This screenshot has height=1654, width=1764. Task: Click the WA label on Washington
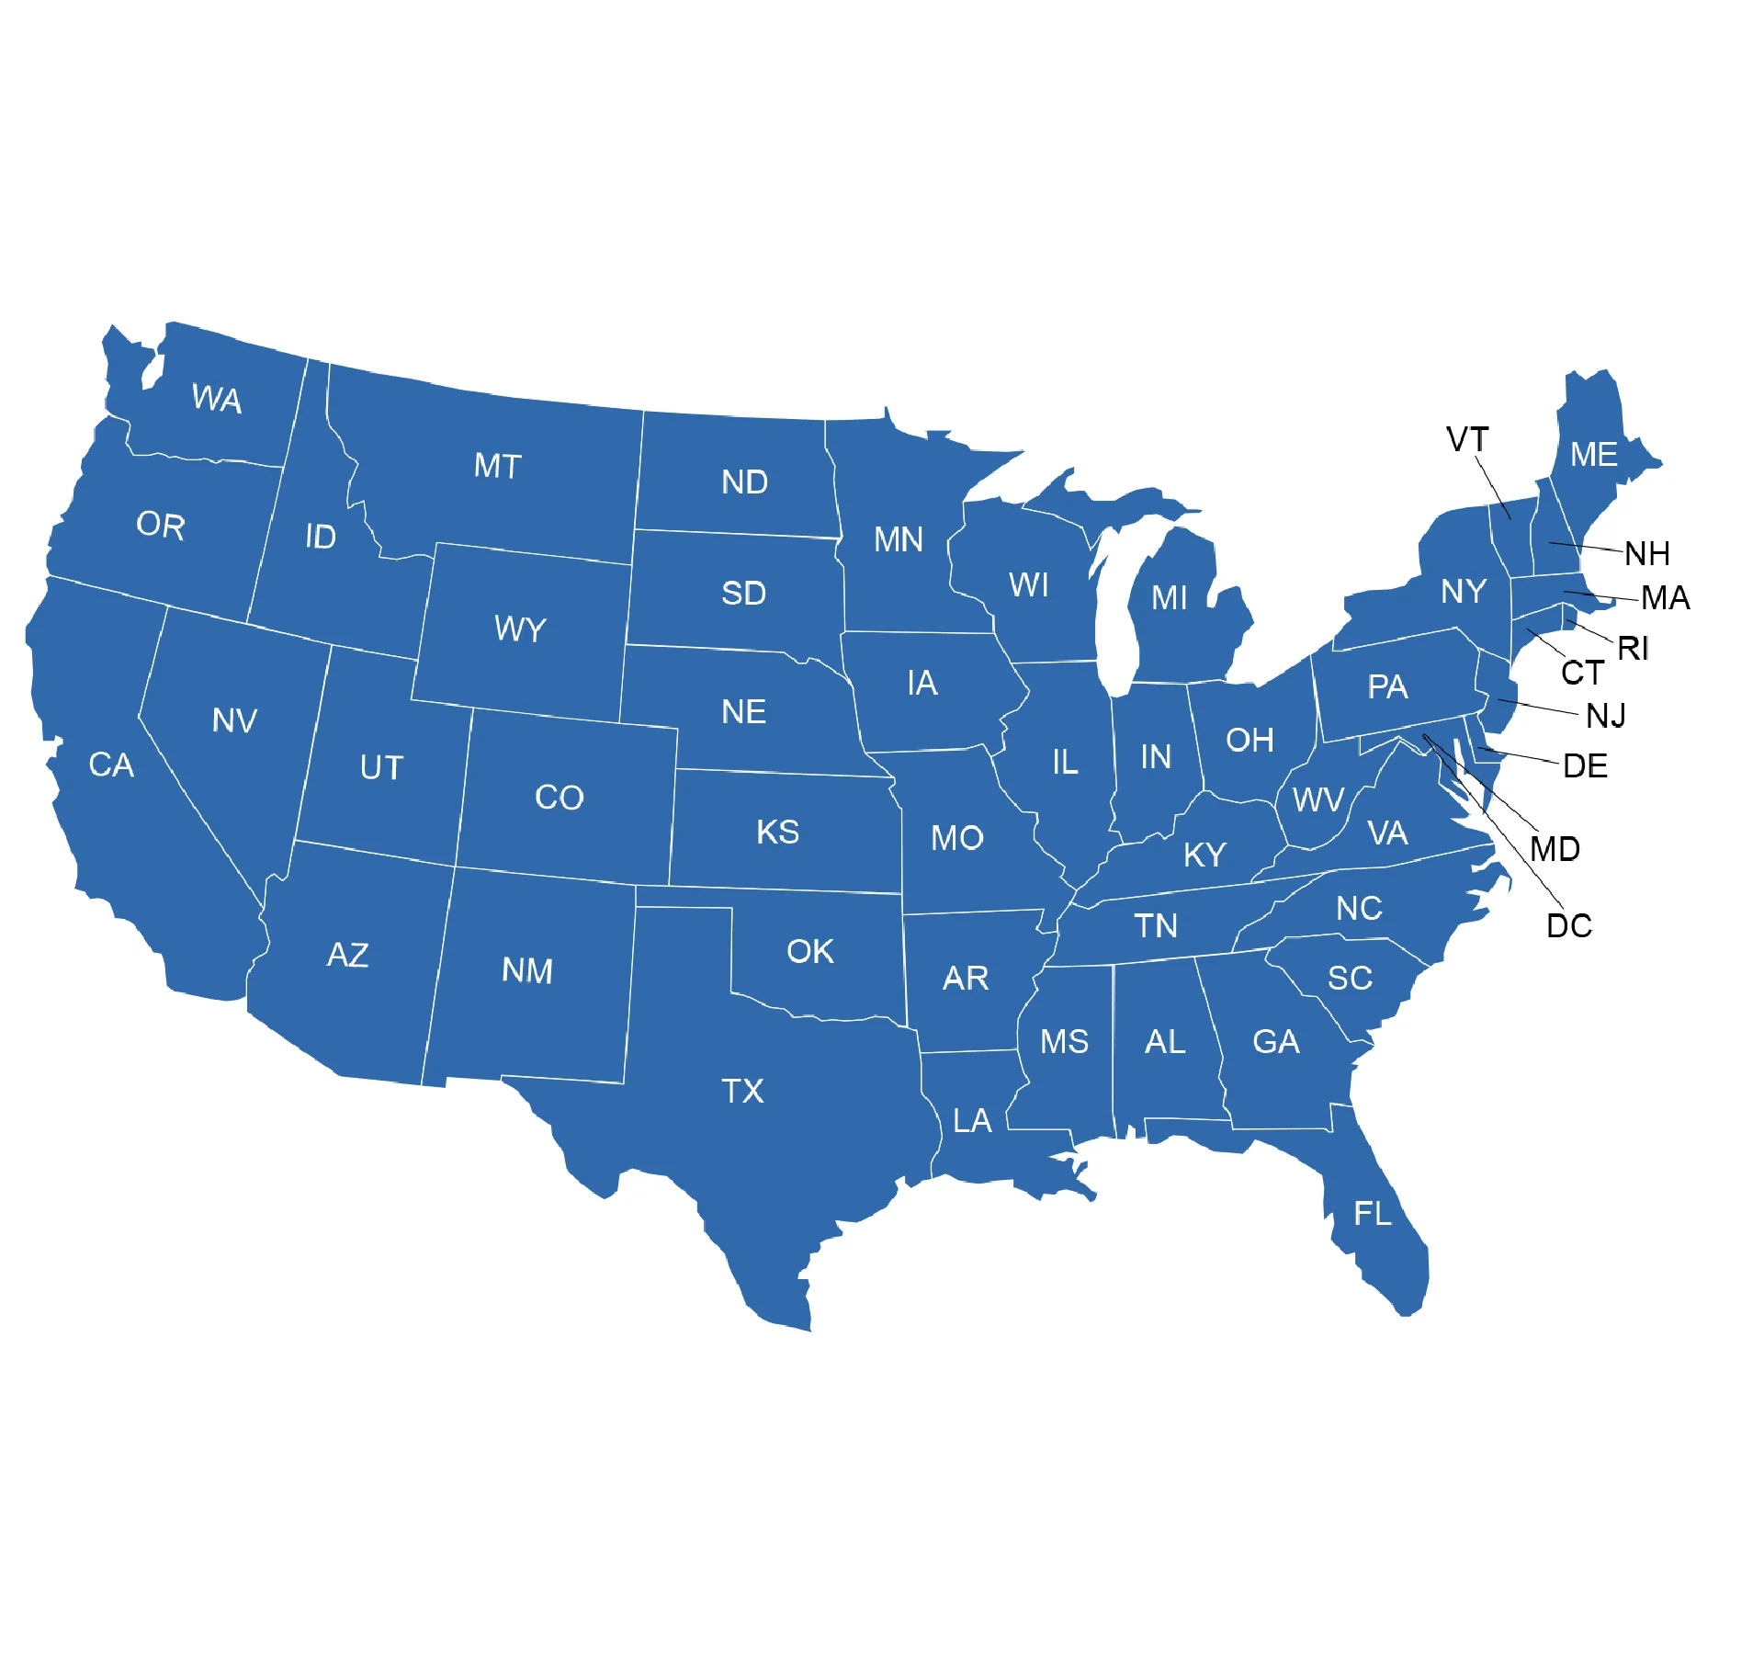click(x=217, y=399)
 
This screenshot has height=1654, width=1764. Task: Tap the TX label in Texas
click(x=742, y=1091)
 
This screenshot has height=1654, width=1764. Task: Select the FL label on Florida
click(x=1373, y=1213)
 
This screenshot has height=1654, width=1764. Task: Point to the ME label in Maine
click(x=1594, y=454)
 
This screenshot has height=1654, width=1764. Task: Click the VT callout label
click(x=1467, y=439)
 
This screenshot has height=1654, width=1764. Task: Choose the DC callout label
click(x=1569, y=925)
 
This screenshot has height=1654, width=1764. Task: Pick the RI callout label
click(x=1634, y=648)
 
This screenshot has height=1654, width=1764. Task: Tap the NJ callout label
click(x=1606, y=715)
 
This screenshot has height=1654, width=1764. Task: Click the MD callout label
click(x=1555, y=848)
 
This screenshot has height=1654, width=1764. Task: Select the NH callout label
click(x=1647, y=553)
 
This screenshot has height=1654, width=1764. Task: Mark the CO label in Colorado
click(x=559, y=797)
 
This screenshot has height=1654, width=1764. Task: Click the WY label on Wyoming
click(x=520, y=629)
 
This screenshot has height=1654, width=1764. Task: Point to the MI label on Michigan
click(x=1170, y=598)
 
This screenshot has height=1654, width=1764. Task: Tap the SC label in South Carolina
click(x=1350, y=978)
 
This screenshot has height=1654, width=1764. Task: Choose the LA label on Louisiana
click(x=972, y=1120)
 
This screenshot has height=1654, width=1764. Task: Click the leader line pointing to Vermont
click(x=1494, y=488)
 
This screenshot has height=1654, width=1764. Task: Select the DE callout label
click(x=1585, y=765)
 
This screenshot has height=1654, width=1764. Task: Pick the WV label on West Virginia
click(x=1318, y=799)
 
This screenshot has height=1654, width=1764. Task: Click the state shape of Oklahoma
click(x=827, y=974)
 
